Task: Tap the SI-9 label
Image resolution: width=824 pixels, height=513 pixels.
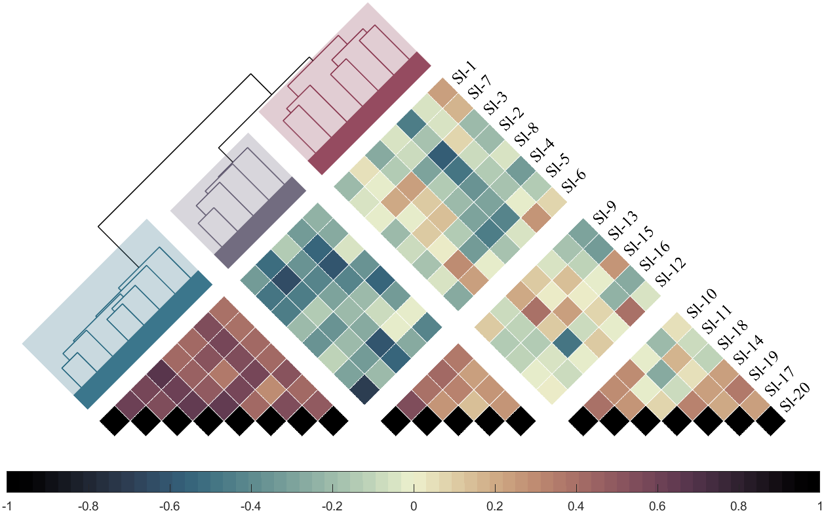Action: point(603,212)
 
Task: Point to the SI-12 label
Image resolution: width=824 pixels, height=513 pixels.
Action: point(670,271)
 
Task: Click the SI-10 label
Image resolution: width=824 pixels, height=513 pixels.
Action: point(701,304)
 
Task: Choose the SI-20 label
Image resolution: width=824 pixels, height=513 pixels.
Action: point(795,398)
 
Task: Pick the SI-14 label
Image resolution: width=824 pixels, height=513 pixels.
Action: point(747,351)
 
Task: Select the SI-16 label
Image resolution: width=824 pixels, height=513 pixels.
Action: point(653,256)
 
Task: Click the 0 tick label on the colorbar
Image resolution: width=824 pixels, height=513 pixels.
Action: point(413,506)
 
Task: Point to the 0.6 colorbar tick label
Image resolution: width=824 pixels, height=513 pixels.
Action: point(657,506)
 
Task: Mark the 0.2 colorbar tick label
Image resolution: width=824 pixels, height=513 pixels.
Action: point(494,506)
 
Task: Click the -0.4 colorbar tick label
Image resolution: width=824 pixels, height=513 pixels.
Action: point(250,506)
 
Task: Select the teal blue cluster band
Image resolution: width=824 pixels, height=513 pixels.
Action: point(143,340)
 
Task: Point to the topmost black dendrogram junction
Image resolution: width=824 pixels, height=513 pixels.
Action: point(250,74)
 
